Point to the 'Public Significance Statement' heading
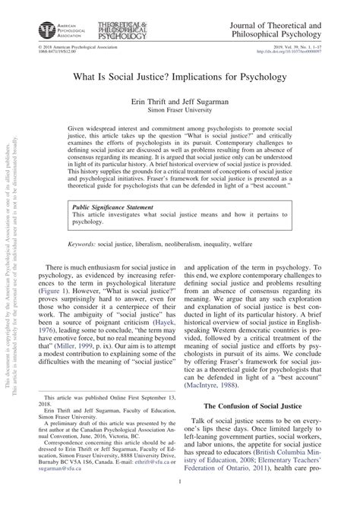pos(112,184)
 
